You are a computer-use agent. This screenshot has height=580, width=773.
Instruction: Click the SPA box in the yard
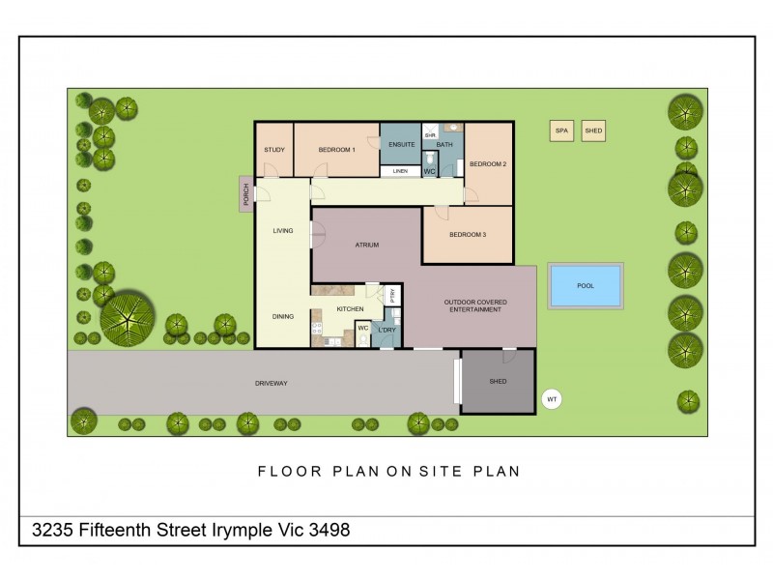560,131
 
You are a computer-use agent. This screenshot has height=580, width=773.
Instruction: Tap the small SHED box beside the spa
593,131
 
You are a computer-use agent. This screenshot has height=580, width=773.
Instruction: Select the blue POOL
586,285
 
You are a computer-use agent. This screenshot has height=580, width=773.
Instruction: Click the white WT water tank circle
552,397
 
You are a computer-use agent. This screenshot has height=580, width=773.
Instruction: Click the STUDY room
273,150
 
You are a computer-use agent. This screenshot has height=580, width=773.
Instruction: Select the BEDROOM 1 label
337,150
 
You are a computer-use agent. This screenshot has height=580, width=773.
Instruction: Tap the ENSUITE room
400,145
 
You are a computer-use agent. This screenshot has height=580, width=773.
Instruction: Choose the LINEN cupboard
400,171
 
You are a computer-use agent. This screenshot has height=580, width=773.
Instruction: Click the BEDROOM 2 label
488,164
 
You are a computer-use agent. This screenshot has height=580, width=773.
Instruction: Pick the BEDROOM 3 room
468,235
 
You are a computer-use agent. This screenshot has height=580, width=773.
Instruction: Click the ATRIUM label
366,246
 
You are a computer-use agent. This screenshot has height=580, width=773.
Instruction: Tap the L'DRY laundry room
386,331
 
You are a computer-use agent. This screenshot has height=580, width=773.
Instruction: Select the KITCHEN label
349,308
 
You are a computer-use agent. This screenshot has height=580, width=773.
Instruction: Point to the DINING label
282,316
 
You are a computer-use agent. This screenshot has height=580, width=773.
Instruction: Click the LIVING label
282,231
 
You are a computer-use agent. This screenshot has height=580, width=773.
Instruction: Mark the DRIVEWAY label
272,383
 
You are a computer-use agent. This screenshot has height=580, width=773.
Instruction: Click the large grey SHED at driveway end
498,382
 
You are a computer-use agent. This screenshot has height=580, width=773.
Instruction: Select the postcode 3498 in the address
329,530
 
